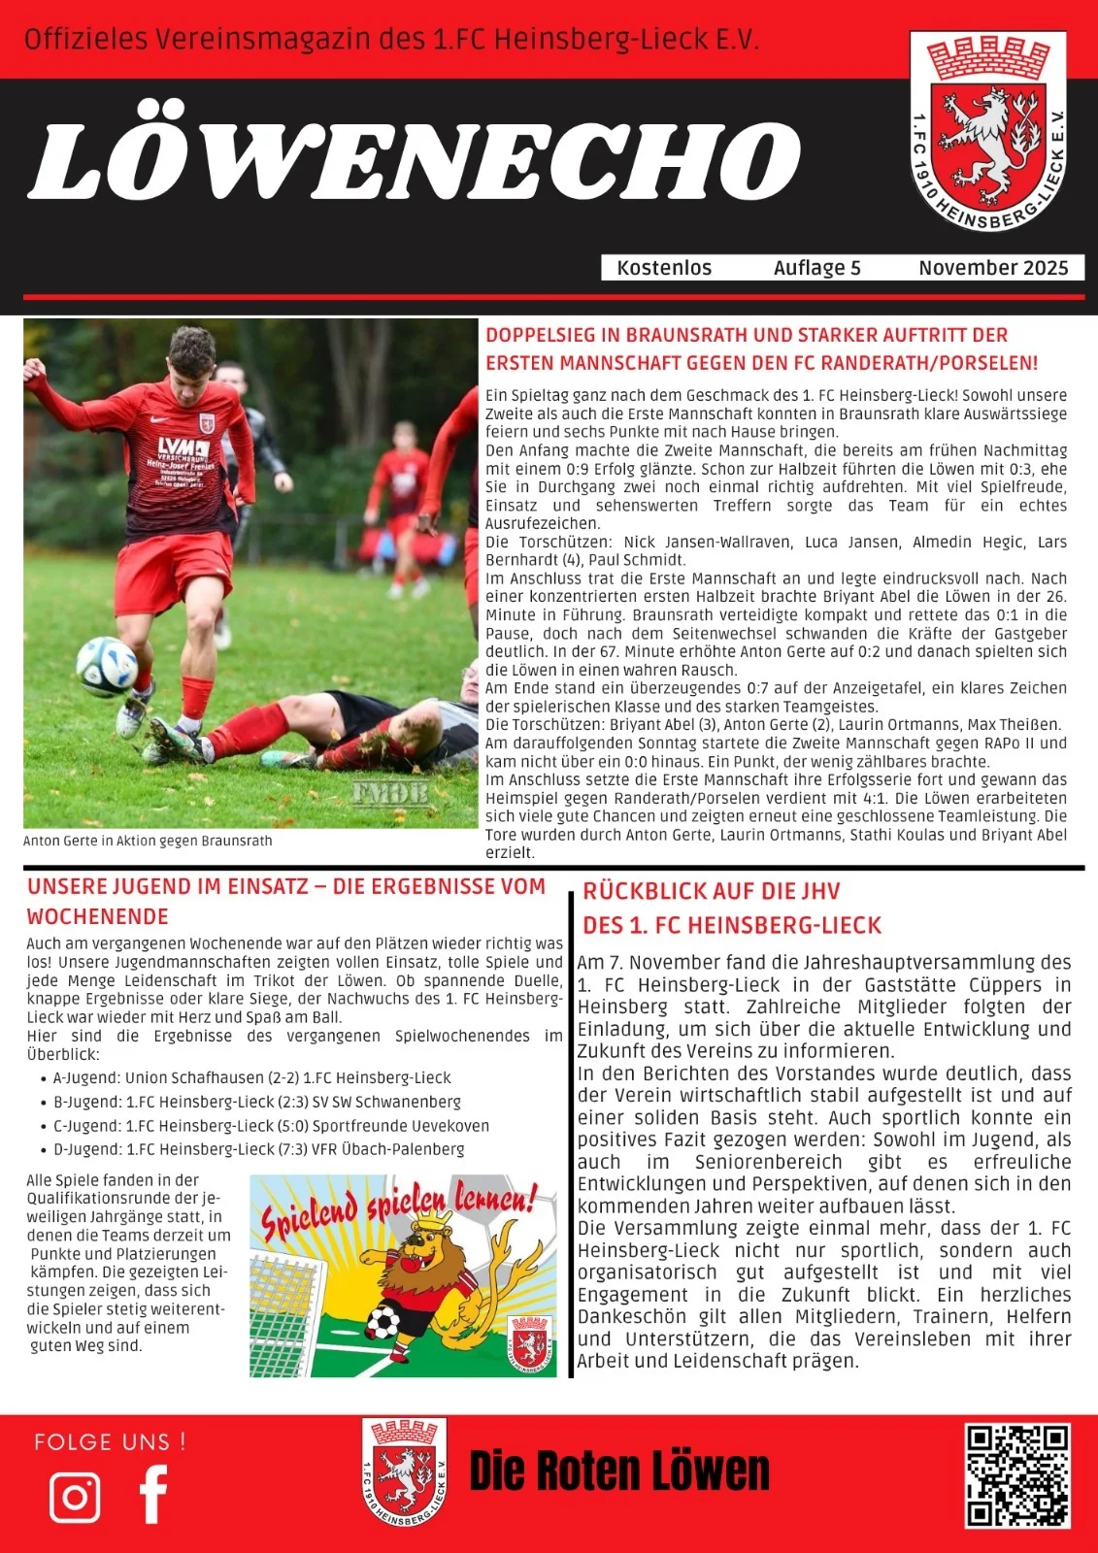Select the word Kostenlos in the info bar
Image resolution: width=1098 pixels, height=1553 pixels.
[x=664, y=268]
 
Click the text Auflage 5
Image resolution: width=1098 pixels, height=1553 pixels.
[x=816, y=268]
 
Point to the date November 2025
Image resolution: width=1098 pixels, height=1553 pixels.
[x=993, y=268]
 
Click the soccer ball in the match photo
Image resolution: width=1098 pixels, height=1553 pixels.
[x=107, y=666]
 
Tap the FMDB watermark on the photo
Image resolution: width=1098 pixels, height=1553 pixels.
[x=389, y=793]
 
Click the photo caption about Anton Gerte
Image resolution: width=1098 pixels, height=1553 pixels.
[x=148, y=841]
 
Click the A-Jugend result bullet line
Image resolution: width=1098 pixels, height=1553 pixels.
[x=251, y=1077]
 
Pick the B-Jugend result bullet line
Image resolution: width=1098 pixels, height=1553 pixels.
[x=256, y=1102]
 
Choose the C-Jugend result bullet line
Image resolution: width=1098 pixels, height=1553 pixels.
[x=271, y=1126]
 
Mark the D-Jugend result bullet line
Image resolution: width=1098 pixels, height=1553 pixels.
[x=258, y=1149]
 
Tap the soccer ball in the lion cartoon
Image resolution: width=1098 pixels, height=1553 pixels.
[x=383, y=1321]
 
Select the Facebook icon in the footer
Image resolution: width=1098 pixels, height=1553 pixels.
[x=153, y=1495]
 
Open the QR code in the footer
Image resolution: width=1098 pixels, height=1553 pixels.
[x=1017, y=1475]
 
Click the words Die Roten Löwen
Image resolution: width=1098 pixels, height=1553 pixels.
[x=619, y=1471]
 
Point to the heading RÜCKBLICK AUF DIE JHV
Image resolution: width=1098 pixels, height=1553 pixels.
[x=711, y=892]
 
